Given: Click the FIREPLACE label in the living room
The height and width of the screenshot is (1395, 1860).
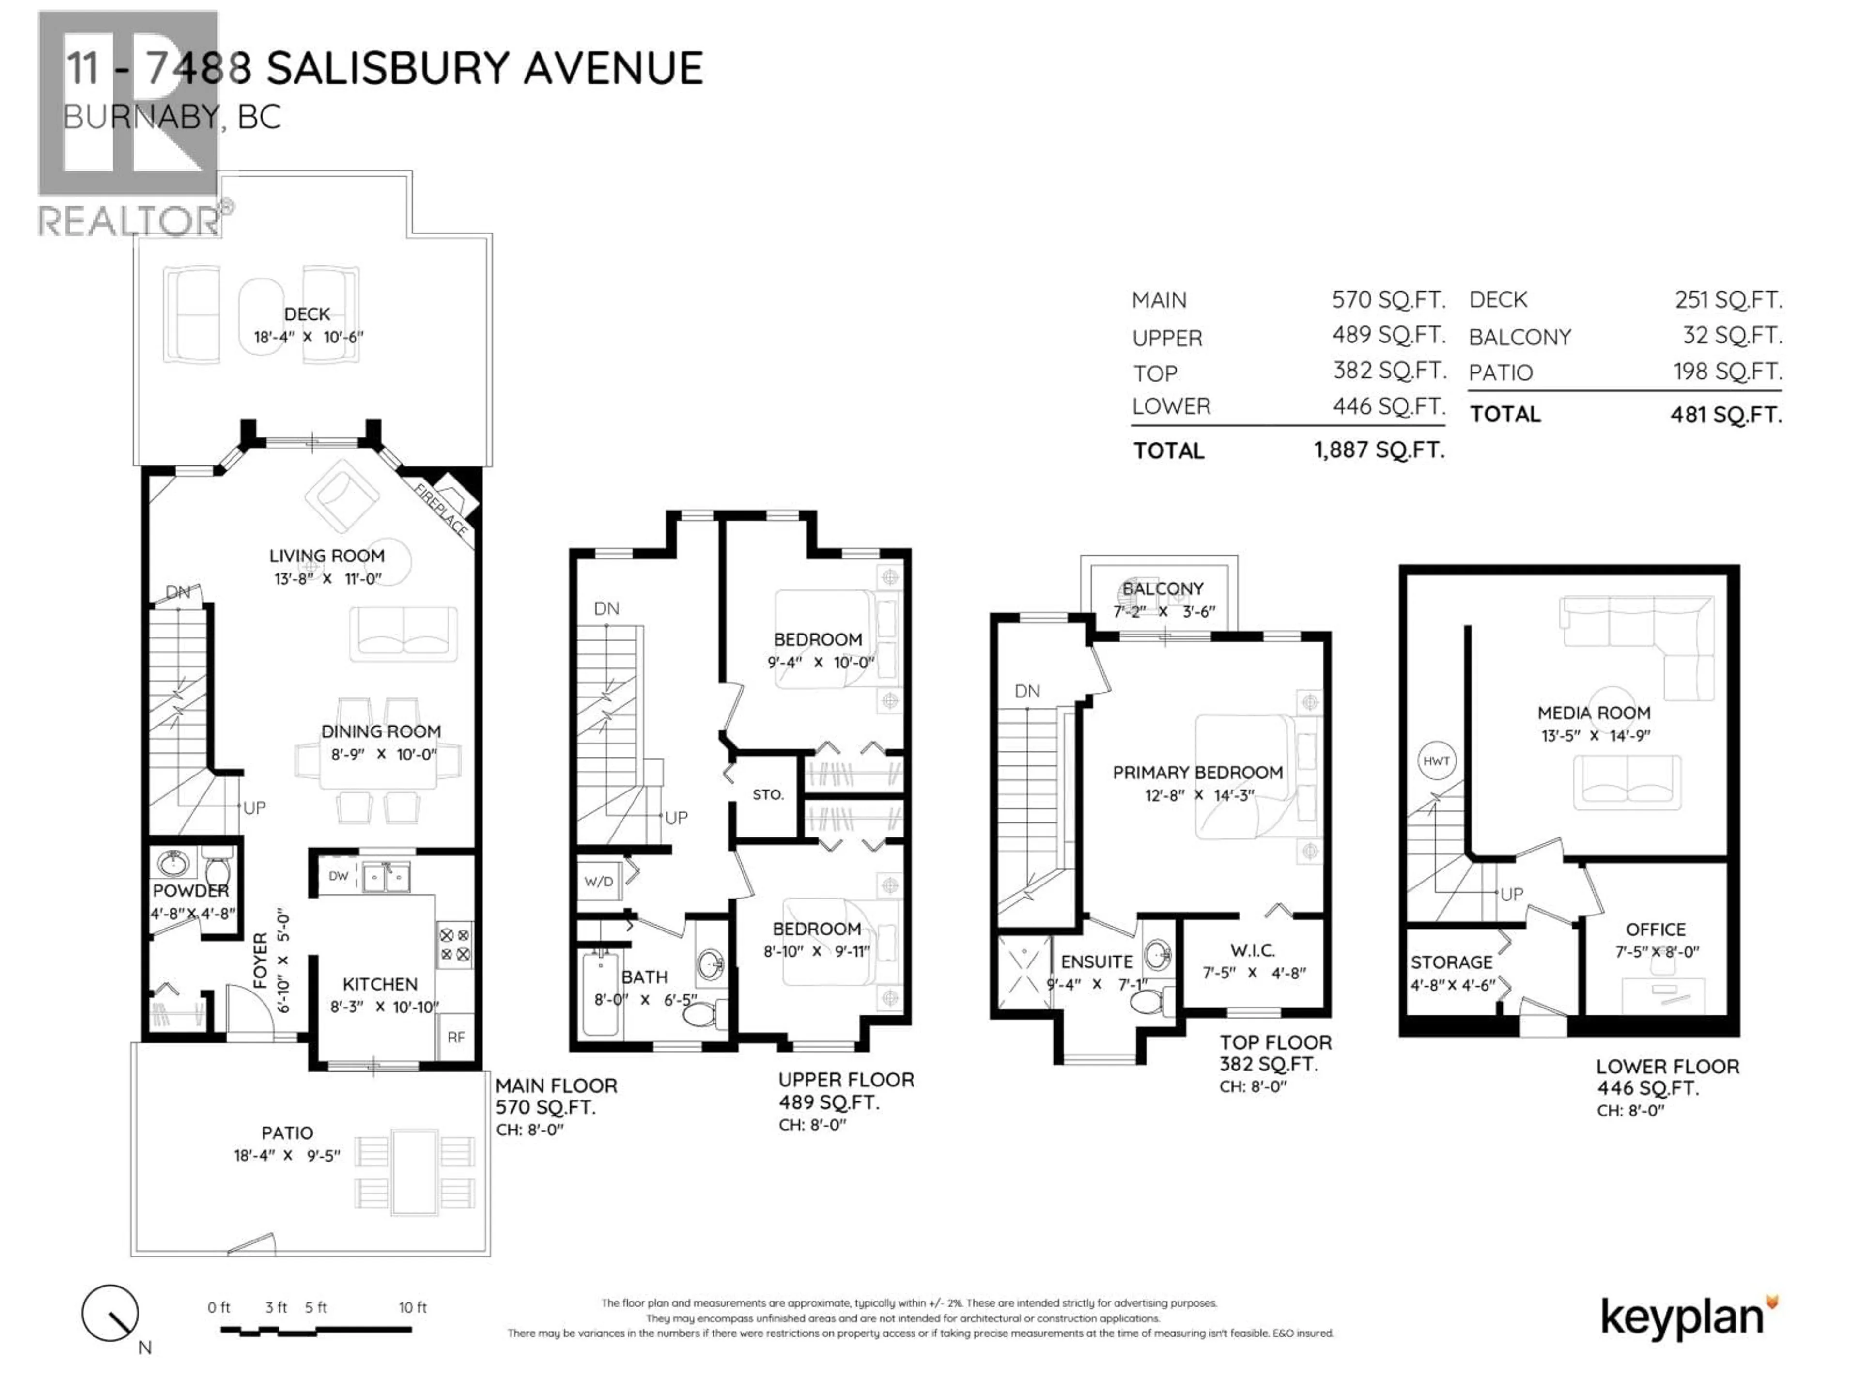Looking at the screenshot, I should click(x=441, y=511).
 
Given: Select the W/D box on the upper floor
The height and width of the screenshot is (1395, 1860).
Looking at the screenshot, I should click(x=599, y=881).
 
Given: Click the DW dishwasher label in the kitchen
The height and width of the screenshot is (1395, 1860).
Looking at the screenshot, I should click(x=338, y=875).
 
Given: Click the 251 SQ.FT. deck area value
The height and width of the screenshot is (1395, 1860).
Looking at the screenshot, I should click(x=1728, y=299).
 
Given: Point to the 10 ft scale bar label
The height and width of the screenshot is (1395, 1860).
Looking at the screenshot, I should click(x=412, y=1307).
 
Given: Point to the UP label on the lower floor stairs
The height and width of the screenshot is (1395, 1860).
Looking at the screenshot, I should click(x=1511, y=894).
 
